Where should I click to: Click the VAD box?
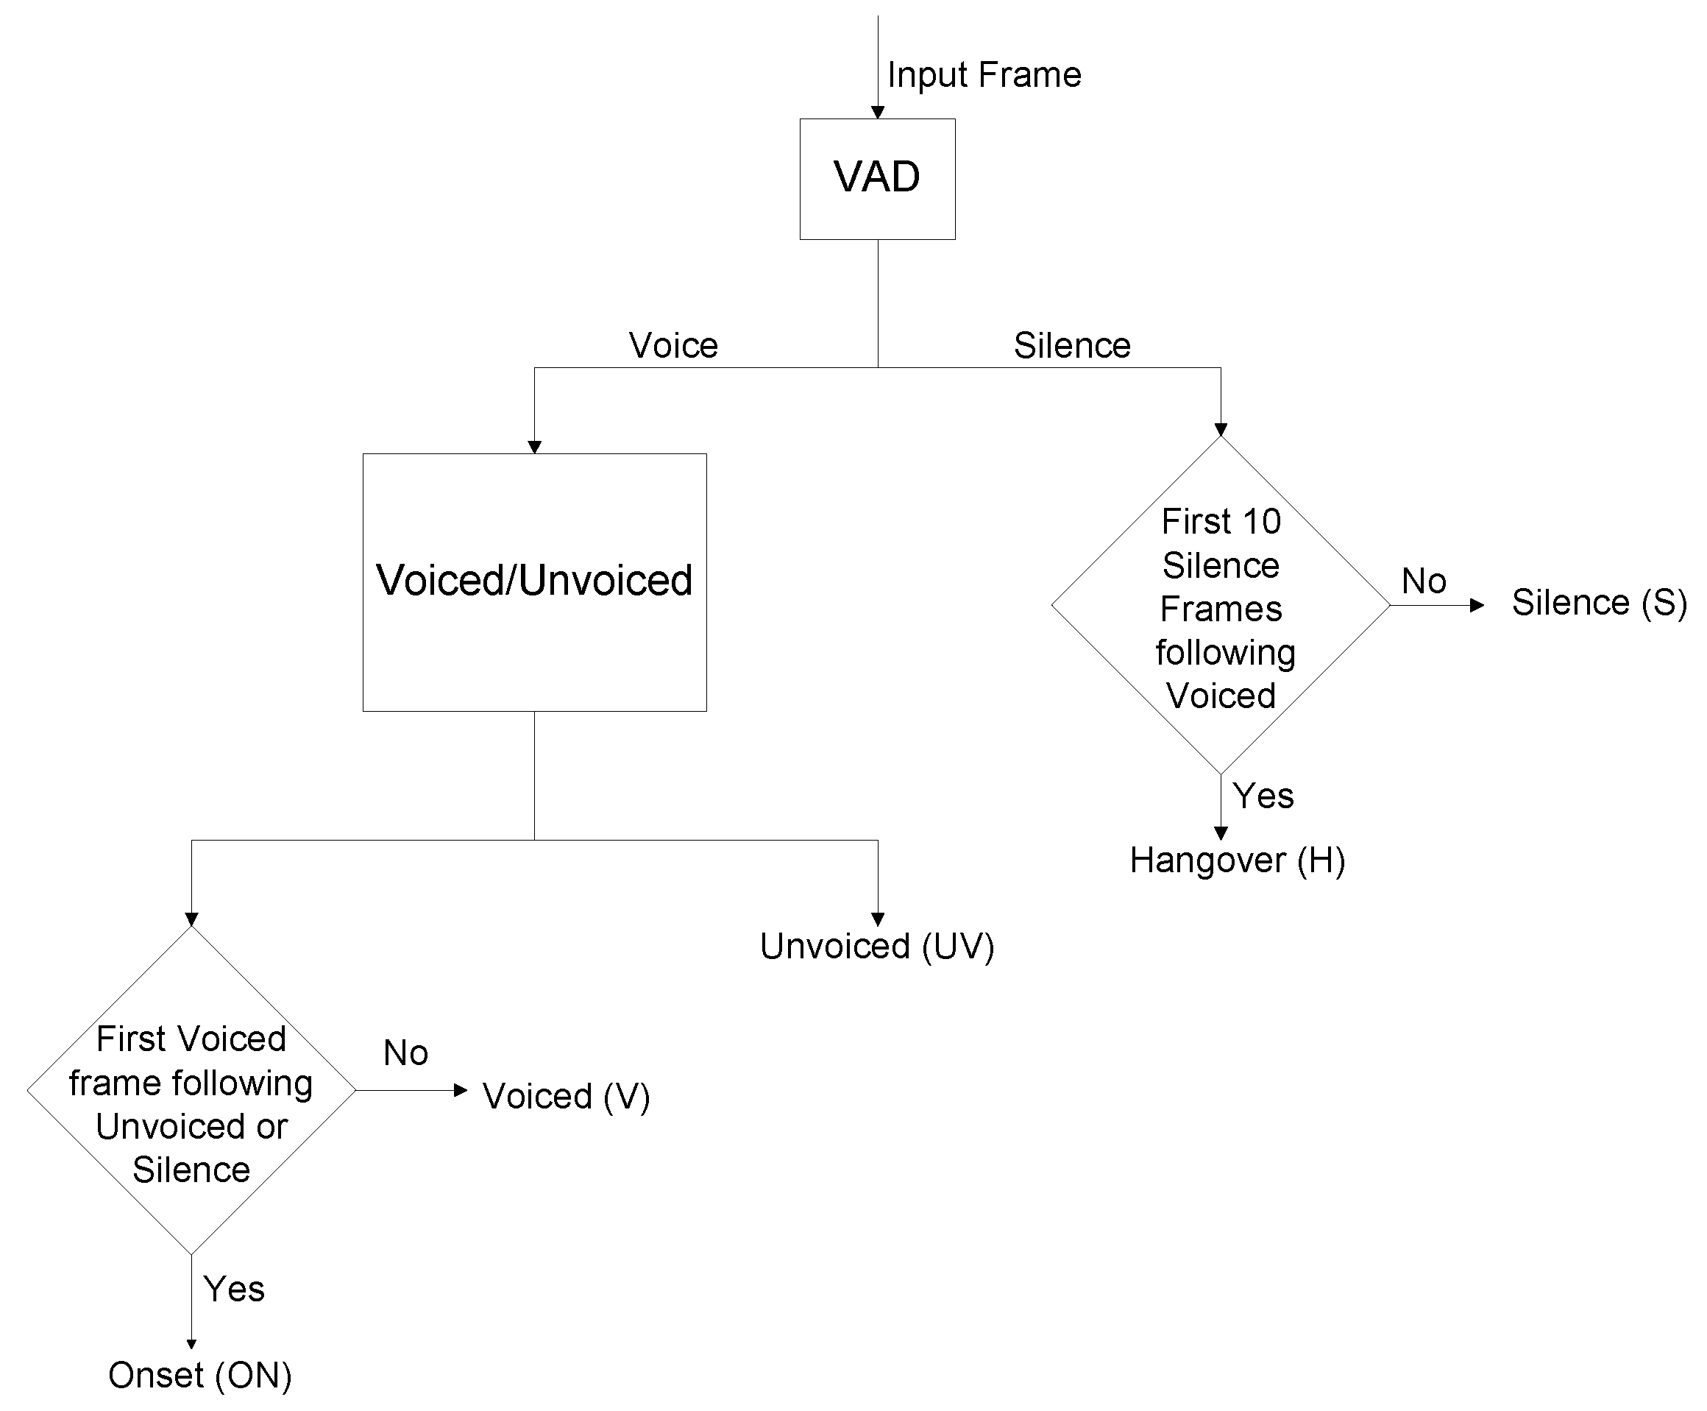tap(876, 179)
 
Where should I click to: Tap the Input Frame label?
tap(983, 75)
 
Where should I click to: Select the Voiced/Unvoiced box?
tap(533, 582)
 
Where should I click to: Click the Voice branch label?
tap(672, 345)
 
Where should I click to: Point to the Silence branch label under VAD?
tap(1071, 345)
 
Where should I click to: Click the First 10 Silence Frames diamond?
tap(1219, 606)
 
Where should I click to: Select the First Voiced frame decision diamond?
tap(191, 1089)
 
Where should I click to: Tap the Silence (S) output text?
tap(1598, 603)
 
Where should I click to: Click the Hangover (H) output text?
tap(1237, 860)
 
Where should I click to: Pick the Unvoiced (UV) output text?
tap(876, 946)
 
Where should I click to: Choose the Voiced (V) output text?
tap(566, 1096)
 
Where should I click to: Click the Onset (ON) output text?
tap(200, 1375)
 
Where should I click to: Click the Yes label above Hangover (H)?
tap(1262, 796)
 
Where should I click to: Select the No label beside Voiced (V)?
tap(405, 1053)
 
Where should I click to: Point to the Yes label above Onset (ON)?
tap(234, 1289)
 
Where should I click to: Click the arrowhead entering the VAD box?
tap(876, 112)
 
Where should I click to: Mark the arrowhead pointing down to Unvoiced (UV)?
tap(876, 919)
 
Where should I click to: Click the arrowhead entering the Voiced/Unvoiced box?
tap(533, 447)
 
